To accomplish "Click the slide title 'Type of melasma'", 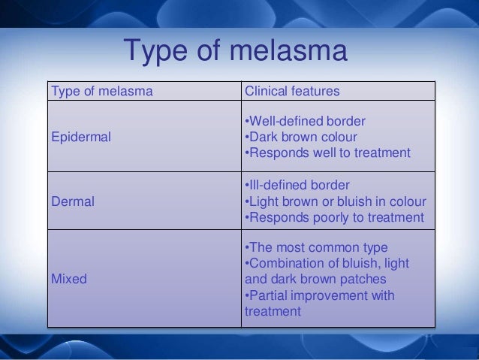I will coord(236,52).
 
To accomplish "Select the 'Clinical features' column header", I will coord(292,92).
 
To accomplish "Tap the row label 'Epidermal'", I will coord(80,138).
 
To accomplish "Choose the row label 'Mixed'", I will coord(68,279).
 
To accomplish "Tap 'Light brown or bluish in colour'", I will coord(336,201).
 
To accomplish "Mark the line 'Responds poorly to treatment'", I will coord(334,217).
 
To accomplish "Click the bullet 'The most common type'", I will coord(318,248).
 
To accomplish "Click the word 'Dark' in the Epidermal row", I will coord(263,137).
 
